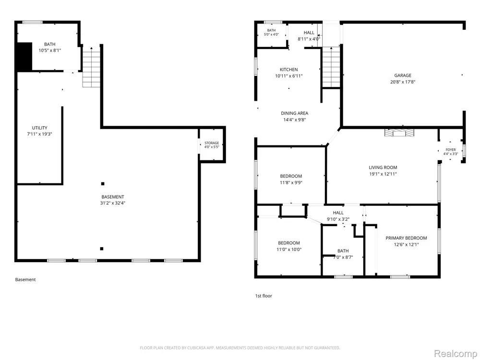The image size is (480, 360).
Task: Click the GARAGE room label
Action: [x=403, y=75]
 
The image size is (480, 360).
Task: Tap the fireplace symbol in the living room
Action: [x=399, y=132]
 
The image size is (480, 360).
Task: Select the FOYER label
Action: [x=451, y=150]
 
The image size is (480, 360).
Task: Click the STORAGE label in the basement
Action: [x=212, y=143]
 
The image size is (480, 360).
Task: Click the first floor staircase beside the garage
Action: [x=331, y=67]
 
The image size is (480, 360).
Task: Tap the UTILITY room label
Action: [x=40, y=128]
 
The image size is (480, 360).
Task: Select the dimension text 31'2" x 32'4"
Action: [x=113, y=203]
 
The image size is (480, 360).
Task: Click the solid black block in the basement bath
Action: [x=24, y=57]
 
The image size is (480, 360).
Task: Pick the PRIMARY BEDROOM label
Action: [x=406, y=238]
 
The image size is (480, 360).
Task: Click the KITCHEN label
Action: [x=288, y=70]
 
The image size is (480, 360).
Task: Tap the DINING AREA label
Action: [x=295, y=113]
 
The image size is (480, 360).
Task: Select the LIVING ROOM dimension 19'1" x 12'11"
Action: [x=383, y=174]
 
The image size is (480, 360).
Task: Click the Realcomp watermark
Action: [x=455, y=354]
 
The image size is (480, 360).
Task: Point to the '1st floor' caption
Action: [x=264, y=296]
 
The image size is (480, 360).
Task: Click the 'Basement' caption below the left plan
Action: [x=25, y=279]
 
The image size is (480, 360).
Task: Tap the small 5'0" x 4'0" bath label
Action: [x=271, y=34]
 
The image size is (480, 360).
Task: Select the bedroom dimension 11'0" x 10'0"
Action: [x=289, y=250]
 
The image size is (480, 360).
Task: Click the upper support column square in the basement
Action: [x=103, y=184]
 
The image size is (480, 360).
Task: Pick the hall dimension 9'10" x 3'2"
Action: [x=338, y=219]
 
